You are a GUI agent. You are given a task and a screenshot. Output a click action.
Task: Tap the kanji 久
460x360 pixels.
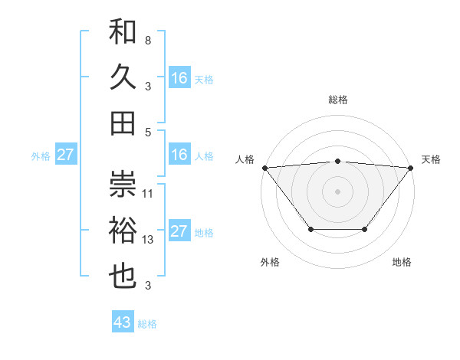(x=123, y=78)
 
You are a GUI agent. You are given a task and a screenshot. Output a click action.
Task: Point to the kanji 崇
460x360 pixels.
(x=123, y=183)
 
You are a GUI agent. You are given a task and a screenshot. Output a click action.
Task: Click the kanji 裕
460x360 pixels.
(x=123, y=231)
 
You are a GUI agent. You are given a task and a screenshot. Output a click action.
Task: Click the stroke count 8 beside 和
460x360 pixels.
(x=147, y=40)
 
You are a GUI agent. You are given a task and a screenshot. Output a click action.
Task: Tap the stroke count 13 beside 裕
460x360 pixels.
(x=148, y=240)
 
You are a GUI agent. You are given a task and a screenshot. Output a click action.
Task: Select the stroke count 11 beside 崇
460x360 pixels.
(x=148, y=193)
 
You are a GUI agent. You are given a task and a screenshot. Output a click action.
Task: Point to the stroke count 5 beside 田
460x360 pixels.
(x=147, y=133)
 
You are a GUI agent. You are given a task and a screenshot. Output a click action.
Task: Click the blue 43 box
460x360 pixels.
(x=123, y=322)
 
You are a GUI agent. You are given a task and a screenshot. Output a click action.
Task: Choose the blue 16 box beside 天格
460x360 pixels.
(x=179, y=78)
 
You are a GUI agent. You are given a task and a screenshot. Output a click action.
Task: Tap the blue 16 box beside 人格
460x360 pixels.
(x=179, y=155)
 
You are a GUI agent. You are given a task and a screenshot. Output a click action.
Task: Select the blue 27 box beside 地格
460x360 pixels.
(x=179, y=231)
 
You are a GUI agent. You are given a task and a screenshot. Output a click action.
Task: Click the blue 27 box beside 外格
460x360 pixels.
(x=66, y=155)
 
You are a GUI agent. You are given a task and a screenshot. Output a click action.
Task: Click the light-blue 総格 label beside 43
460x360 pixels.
(x=147, y=324)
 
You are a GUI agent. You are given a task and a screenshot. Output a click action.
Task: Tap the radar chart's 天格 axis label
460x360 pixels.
(x=431, y=159)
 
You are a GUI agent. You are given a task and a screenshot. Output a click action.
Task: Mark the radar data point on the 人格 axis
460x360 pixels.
(x=264, y=167)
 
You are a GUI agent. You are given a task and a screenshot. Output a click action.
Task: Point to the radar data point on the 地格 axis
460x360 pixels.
(x=365, y=229)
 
